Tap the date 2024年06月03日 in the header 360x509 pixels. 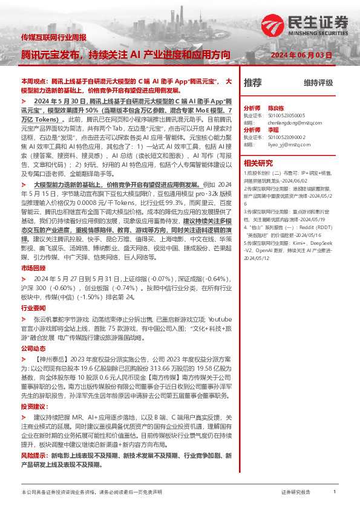(302, 55)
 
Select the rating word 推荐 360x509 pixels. (252, 82)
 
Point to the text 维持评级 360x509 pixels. (318, 83)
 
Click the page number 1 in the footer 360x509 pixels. (335, 492)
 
